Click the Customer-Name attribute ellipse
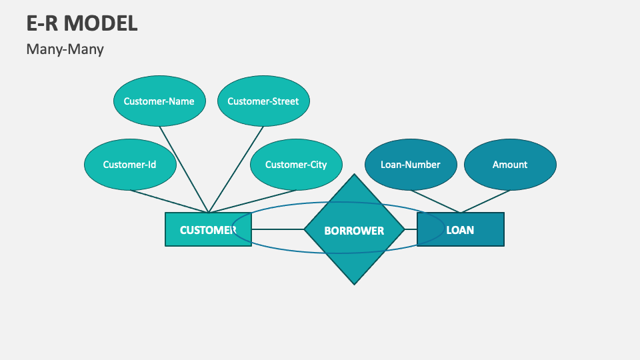coord(159,101)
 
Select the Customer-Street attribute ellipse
coord(263,101)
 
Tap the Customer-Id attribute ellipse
coord(129,164)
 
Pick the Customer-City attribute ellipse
coord(296,164)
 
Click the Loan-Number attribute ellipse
coord(410,164)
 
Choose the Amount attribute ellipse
coord(509,164)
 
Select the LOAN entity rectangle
coord(467,229)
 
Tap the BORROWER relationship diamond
coord(354,230)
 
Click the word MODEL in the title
coord(101,23)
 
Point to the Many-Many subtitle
coord(65,49)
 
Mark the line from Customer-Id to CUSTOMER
coord(170,202)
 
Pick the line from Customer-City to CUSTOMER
coord(253,201)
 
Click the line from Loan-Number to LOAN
coord(435,201)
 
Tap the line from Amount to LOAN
coord(485,201)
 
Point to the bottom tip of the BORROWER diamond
coord(354,283)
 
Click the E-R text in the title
coord(42,23)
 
